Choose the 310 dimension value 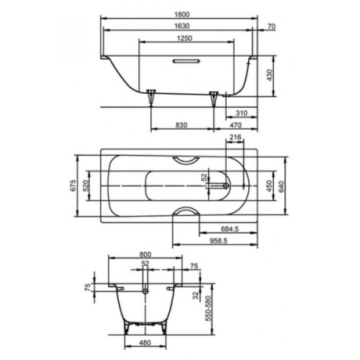click(x=240, y=113)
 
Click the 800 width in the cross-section click(x=145, y=254)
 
